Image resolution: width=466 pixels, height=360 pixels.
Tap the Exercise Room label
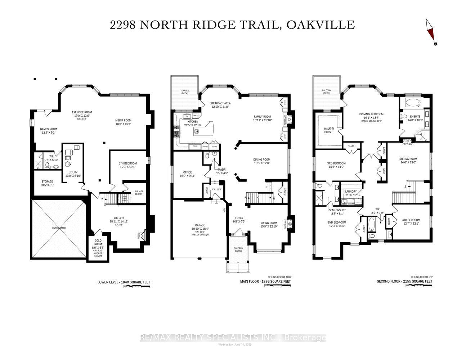coord(82,112)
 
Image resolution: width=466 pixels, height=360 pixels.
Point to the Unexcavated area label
coord(59,228)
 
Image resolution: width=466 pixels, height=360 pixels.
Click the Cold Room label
coord(98,242)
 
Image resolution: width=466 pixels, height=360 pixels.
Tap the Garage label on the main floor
coord(198,225)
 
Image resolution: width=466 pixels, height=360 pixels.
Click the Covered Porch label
coord(238,250)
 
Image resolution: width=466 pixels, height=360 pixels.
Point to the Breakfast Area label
coord(220,103)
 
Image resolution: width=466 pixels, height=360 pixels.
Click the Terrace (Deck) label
coord(184,92)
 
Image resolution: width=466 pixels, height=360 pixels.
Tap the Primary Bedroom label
coord(371,114)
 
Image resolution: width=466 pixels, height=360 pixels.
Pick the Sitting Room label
coord(408,159)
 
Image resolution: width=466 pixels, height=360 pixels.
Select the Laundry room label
coord(350,192)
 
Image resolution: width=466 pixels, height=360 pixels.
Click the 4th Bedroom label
coord(411,220)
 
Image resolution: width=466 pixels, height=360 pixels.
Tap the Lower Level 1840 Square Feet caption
coord(124,282)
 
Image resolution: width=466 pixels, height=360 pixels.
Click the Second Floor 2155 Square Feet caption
coord(404,281)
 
